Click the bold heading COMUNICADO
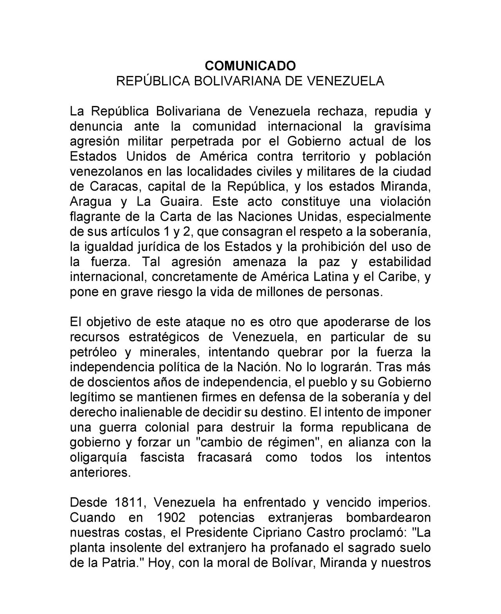[x=250, y=65]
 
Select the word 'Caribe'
[x=398, y=277]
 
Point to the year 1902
[x=171, y=518]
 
